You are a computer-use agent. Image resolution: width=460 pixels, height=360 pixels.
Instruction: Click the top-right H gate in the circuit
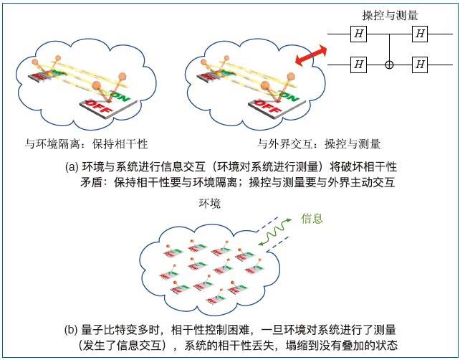(x=421, y=33)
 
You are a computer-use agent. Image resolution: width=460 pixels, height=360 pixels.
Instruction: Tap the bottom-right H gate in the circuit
(x=421, y=65)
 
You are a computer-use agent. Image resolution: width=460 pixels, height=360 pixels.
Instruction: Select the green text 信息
(x=312, y=217)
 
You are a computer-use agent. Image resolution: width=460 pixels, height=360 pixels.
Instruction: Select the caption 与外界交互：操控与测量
(x=319, y=143)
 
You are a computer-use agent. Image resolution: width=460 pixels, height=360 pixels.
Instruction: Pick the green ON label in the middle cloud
(x=287, y=93)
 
